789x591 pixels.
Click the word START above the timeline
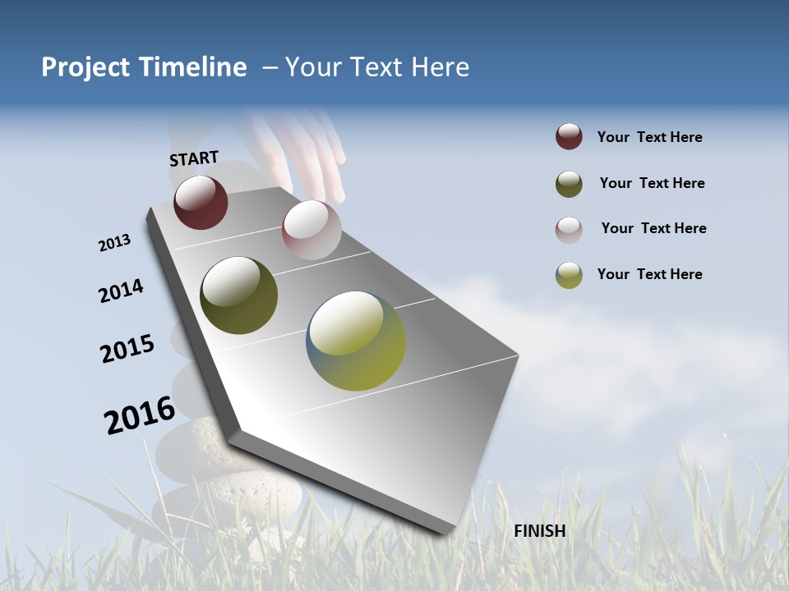194,158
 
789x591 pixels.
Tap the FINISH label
539,531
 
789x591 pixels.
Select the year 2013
115,243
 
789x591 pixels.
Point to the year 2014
122,291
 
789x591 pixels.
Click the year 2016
140,415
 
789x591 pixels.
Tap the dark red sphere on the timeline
201,202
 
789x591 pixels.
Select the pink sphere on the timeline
311,229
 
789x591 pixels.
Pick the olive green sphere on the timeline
238,295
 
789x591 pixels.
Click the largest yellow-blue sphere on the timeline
356,341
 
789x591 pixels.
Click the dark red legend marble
569,137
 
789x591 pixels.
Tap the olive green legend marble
569,184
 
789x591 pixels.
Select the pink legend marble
569,230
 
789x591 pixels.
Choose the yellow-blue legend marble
569,275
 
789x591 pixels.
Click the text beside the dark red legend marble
649,137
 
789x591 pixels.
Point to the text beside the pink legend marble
653,228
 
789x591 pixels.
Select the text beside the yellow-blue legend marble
649,274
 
